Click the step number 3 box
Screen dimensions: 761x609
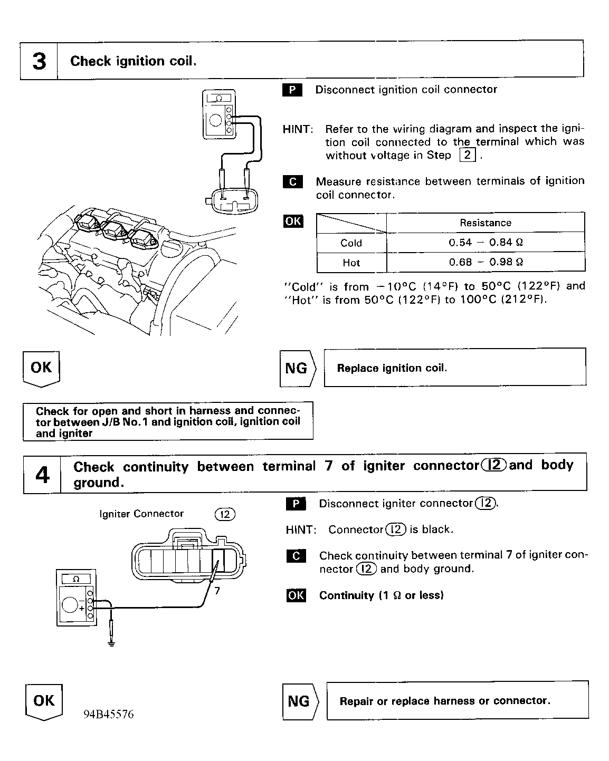pyautogui.click(x=39, y=61)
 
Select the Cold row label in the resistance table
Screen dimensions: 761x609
pyautogui.click(x=351, y=243)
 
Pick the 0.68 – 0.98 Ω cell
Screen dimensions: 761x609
pyautogui.click(x=486, y=262)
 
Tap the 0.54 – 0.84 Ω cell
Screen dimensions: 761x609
pyautogui.click(x=486, y=243)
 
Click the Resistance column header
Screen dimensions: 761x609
pyautogui.click(x=486, y=223)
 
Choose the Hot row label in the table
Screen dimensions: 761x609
pyautogui.click(x=351, y=263)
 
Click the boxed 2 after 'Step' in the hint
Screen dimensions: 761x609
pyautogui.click(x=468, y=155)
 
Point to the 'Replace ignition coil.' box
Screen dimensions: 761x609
pyautogui.click(x=454, y=368)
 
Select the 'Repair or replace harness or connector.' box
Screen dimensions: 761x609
pyautogui.click(x=457, y=701)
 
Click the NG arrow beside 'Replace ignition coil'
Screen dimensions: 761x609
pyautogui.click(x=297, y=368)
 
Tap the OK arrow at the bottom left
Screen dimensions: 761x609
pyautogui.click(x=44, y=701)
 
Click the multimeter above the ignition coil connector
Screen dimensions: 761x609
pyautogui.click(x=218, y=114)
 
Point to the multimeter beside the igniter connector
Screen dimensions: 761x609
pyautogui.click(x=76, y=598)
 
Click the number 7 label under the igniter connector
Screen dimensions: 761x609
pyautogui.click(x=217, y=590)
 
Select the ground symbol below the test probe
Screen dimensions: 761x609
pyautogui.click(x=111, y=643)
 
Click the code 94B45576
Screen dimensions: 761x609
pyautogui.click(x=108, y=715)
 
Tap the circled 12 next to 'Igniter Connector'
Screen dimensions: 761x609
pyautogui.click(x=225, y=514)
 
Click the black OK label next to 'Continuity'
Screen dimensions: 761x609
pyautogui.click(x=296, y=595)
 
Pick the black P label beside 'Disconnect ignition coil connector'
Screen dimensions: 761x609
pyautogui.click(x=292, y=90)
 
